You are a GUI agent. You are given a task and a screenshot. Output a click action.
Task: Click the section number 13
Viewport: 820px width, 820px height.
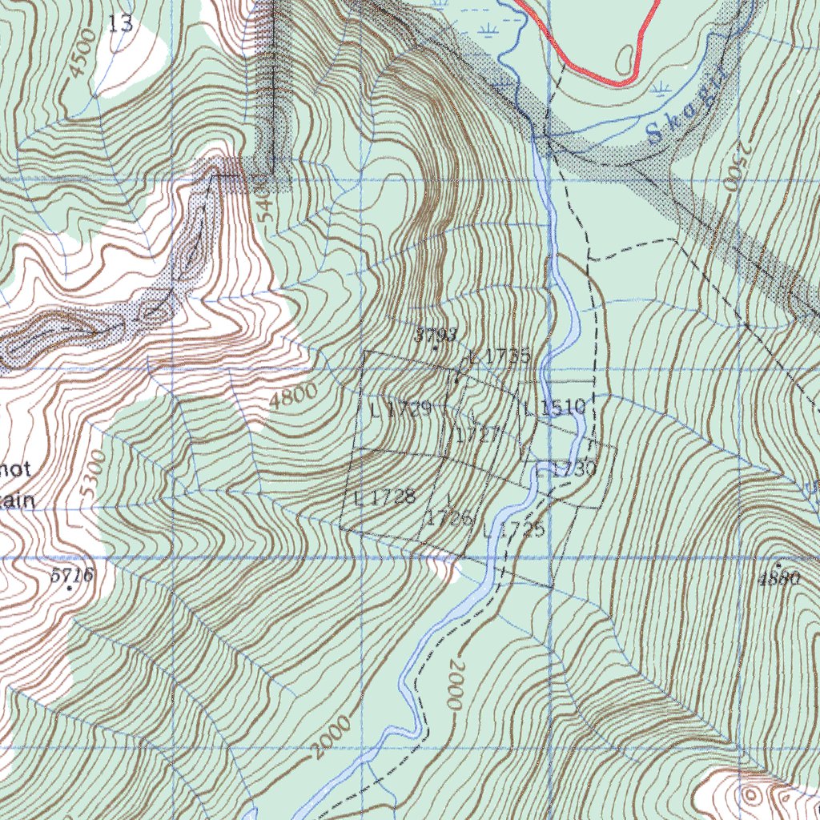tap(120, 24)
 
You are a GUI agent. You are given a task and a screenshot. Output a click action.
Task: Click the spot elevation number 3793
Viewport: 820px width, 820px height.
tap(436, 335)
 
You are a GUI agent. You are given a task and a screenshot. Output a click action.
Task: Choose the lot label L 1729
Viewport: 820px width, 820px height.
tap(402, 410)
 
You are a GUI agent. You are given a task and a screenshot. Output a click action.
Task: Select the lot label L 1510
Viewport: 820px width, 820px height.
tap(555, 408)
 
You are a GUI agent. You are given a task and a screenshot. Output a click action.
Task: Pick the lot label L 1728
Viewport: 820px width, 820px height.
tap(384, 496)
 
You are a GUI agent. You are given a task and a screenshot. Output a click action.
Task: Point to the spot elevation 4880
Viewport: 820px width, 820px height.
tap(778, 578)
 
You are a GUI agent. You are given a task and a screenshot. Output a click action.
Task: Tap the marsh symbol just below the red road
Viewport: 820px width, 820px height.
tap(661, 87)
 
